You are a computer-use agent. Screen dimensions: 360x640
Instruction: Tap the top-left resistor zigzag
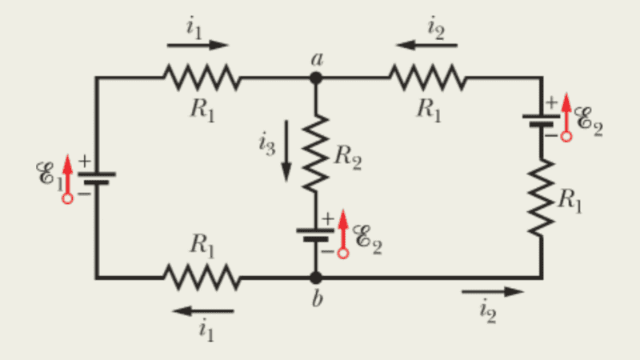(202, 78)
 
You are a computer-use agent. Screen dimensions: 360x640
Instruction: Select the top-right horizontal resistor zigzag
(426, 78)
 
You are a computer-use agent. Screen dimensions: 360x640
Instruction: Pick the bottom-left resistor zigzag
(202, 278)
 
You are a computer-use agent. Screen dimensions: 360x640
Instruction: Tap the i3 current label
(266, 143)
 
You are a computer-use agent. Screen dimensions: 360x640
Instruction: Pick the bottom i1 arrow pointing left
(205, 310)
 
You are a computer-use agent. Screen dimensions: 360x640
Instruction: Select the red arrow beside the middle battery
(343, 232)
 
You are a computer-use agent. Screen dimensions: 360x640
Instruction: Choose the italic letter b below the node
(318, 301)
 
